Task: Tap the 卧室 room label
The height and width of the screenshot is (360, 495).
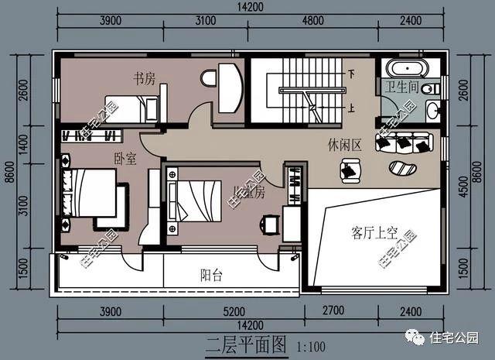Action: pyautogui.click(x=125, y=159)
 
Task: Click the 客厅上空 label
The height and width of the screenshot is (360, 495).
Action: pyautogui.click(x=374, y=231)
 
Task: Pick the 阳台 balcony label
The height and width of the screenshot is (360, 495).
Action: pyautogui.click(x=212, y=274)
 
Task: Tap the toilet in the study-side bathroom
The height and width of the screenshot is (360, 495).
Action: pyautogui.click(x=210, y=77)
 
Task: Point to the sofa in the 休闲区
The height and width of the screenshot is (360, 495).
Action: pyautogui.click(x=402, y=142)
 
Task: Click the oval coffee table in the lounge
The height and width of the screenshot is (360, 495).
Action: pyautogui.click(x=401, y=168)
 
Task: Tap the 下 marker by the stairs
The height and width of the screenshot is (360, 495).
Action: pyautogui.click(x=352, y=75)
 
